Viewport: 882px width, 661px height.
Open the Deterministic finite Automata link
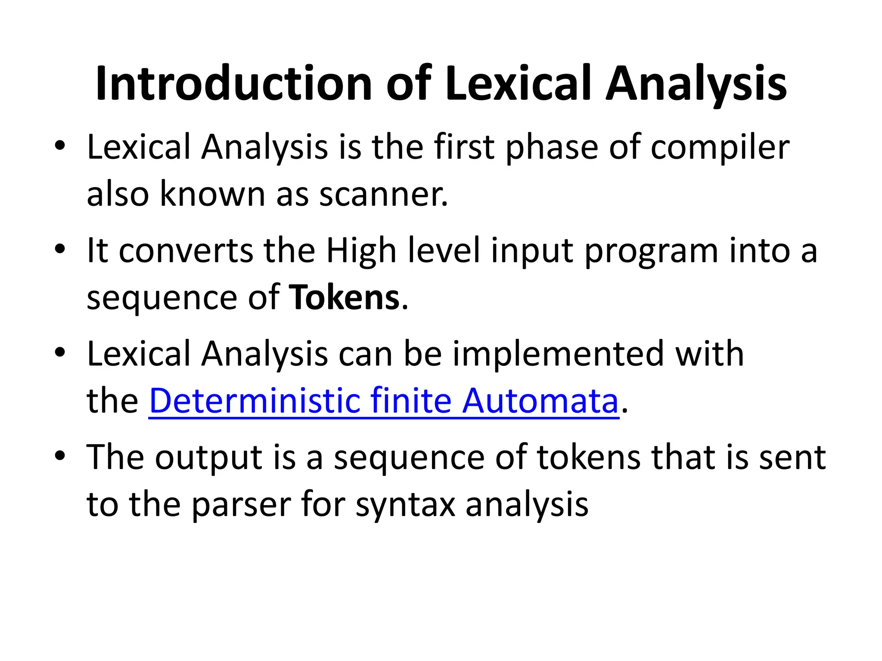tap(383, 401)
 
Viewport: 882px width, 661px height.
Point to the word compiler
tap(720, 148)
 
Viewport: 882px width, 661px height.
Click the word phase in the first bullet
tap(552, 148)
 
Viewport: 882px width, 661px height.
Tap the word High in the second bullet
tap(361, 250)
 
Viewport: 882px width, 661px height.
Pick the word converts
tap(186, 250)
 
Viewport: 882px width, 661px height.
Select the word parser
tap(241, 504)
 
